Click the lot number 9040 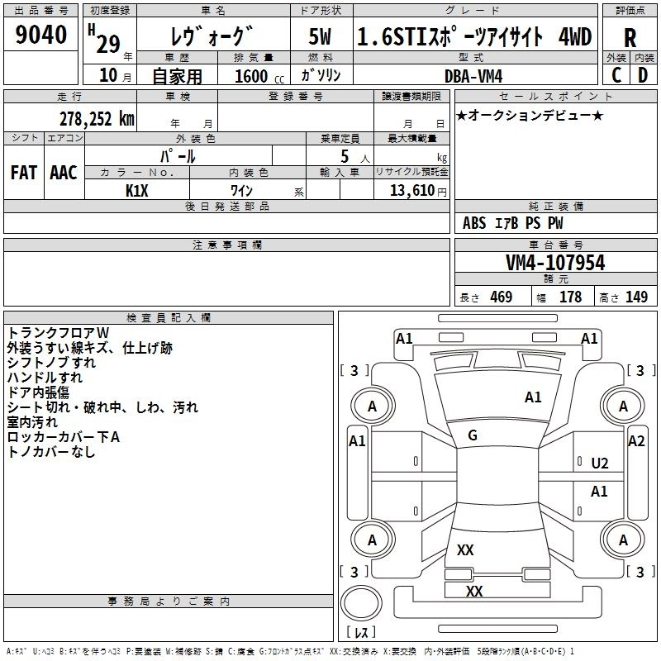coord(42,36)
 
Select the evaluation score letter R coord(630,37)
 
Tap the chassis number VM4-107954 coord(555,263)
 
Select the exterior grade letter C coord(616,75)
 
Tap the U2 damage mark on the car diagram coord(600,464)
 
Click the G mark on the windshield coord(473,435)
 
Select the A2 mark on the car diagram coord(636,441)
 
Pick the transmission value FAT coord(23,173)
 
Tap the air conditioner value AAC coord(64,173)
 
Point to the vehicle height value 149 coord(636,297)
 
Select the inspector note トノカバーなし coord(51,452)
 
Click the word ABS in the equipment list coord(474,223)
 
